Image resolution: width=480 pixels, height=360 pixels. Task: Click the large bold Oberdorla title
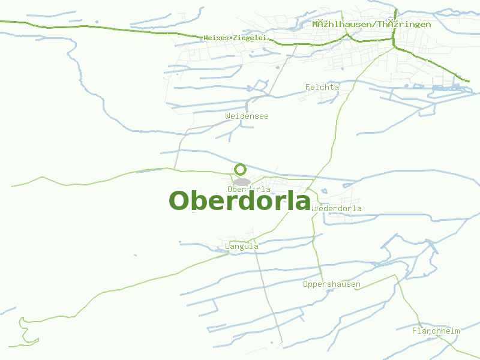[239, 201]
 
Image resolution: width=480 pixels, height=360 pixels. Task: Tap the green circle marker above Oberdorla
[241, 169]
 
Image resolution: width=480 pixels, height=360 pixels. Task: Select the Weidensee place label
[247, 116]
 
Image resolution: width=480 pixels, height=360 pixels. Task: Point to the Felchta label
[322, 87]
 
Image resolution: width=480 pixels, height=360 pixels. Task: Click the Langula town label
[241, 246]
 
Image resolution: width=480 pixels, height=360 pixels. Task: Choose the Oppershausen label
[332, 284]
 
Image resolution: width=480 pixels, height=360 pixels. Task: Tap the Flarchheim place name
[436, 331]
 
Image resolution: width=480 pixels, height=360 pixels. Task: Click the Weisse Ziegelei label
[235, 38]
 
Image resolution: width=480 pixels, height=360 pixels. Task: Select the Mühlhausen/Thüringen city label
[371, 24]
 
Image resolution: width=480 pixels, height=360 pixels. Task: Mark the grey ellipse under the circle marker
[242, 182]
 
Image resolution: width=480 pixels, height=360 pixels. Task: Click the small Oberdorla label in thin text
[249, 190]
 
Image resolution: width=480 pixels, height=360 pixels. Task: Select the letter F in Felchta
[308, 87]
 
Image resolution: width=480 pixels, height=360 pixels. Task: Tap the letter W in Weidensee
[228, 116]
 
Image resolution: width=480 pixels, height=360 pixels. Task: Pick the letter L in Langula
[227, 246]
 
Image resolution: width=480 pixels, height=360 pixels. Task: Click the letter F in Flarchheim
[415, 331]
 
